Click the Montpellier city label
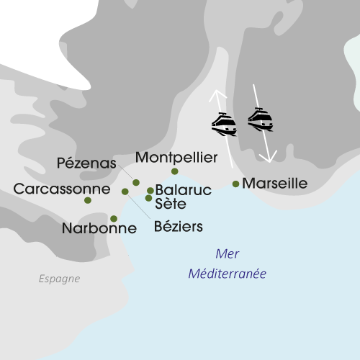coord(176,157)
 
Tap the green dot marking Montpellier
coord(174,171)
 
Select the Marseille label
coord(274,184)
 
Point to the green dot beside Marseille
coord(236,184)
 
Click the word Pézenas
coord(86,163)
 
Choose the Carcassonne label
coord(62,189)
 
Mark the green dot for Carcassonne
coord(88,200)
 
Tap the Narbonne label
coord(99,230)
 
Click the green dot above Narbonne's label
coord(114,218)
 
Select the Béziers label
coord(179,227)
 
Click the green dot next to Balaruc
coord(150,191)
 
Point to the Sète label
coord(171,204)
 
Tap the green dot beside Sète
coord(148,198)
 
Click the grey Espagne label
coord(60,279)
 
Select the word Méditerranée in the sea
coord(228,274)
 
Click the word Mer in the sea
coord(227,254)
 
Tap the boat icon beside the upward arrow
coord(224,124)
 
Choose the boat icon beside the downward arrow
coord(260,119)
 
